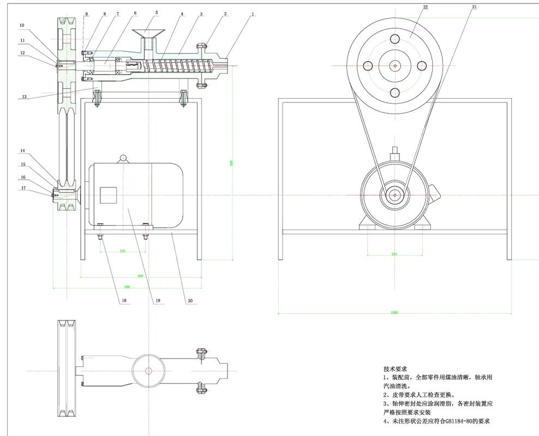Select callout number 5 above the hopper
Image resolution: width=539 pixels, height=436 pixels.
(156, 12)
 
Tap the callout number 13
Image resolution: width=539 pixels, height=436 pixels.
(24, 96)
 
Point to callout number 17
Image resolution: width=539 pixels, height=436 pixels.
(23, 188)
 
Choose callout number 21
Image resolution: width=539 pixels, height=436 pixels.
(474, 7)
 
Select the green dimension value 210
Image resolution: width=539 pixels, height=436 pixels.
(122, 251)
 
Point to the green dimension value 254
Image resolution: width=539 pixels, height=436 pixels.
(394, 254)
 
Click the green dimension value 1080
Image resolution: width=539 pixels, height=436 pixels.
(394, 312)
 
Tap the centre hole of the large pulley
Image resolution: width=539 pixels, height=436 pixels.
(394, 66)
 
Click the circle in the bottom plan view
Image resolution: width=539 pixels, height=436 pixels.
(148, 371)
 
